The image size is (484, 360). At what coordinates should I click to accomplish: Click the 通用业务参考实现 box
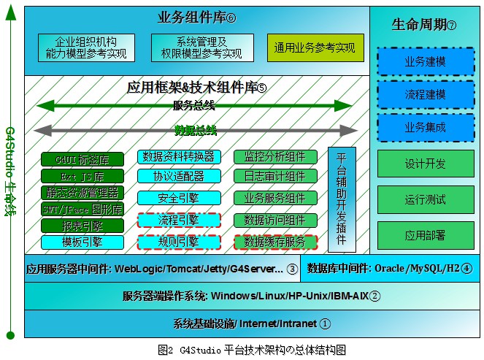[x=315, y=48]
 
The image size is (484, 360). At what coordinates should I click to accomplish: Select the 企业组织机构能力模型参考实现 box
[x=85, y=48]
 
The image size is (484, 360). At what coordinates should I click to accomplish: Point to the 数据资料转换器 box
[x=179, y=156]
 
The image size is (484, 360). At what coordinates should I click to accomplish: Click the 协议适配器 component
[x=179, y=177]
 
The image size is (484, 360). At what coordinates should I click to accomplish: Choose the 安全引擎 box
[x=179, y=198]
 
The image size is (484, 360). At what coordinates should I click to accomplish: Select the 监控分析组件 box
[x=275, y=156]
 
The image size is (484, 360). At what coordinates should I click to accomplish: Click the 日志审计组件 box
[x=275, y=177]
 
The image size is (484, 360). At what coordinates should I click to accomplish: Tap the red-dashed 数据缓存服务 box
[x=275, y=241]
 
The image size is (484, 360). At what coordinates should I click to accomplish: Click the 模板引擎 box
[x=82, y=242]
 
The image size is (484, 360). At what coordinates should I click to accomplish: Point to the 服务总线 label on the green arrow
[x=193, y=107]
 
